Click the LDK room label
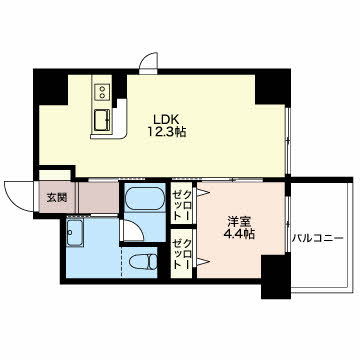pos(166,119)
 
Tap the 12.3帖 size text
pos(167,132)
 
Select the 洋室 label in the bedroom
pos(239,222)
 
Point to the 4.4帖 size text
pos(239,235)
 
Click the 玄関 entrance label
pos(56,198)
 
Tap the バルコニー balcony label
pos(318,239)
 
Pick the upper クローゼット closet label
pos(181,204)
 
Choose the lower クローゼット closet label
pos(181,254)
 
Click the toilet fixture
pos(143,261)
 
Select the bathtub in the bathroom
pos(145,198)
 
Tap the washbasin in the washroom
pos(74,233)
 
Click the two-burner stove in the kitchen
pos(102,92)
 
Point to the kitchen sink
pos(102,121)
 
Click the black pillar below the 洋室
pos(276,277)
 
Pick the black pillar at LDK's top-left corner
pos(51,87)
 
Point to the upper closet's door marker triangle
pos(202,192)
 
